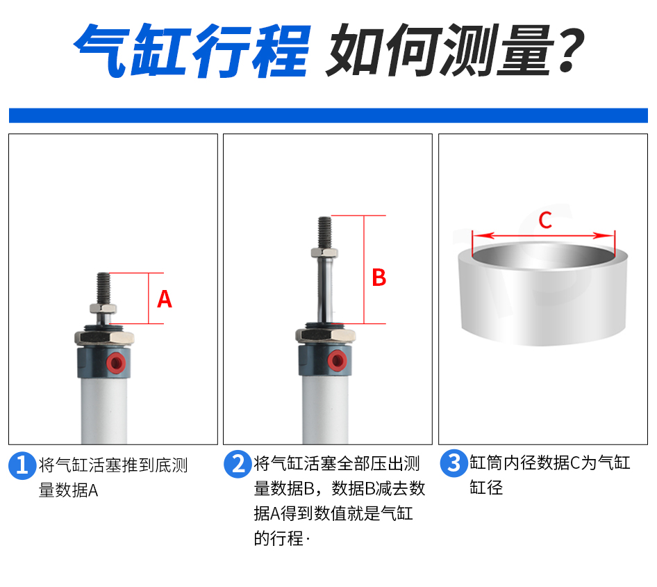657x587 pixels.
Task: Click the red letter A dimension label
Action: pos(164,299)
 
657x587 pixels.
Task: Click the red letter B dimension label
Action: pos(379,278)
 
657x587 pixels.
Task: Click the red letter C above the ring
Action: pos(545,220)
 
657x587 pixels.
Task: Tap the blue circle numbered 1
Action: pos(22,465)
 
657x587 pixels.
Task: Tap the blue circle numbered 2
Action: pos(238,464)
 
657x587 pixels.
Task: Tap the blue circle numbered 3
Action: pos(454,463)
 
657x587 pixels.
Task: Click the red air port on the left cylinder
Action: pos(115,362)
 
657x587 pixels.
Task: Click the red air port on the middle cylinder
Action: pos(336,360)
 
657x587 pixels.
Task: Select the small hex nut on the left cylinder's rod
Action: pos(103,308)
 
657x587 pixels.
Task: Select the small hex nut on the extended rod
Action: pos(324,252)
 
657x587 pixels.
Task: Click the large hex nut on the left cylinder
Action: pos(104,338)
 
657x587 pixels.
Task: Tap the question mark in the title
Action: pos(571,49)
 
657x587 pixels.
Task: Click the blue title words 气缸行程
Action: pos(192,50)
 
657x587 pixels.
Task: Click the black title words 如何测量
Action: pos(440,50)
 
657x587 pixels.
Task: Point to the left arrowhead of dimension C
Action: pos(480,235)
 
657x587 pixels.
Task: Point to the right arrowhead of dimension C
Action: pos(607,235)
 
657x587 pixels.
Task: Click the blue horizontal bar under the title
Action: pos(328,115)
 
